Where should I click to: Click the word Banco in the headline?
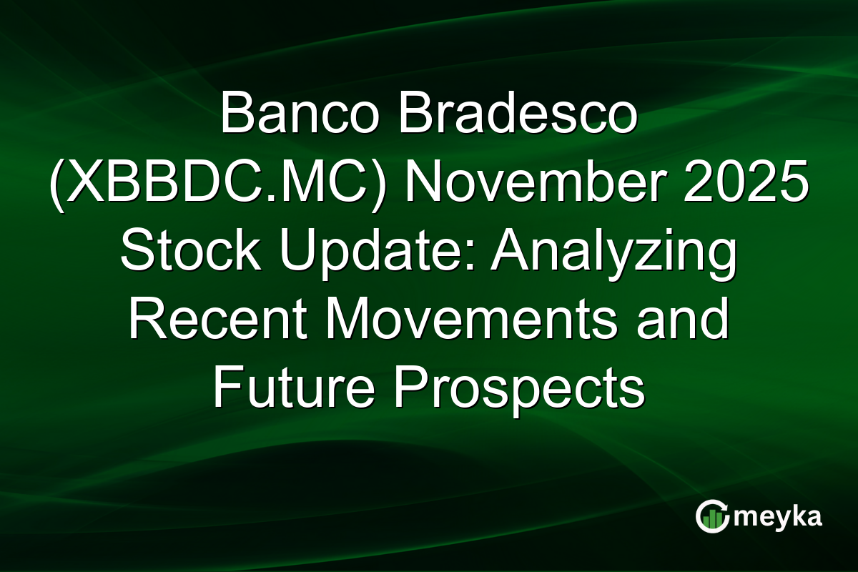click(298, 114)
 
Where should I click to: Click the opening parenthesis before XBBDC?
click(59, 184)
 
